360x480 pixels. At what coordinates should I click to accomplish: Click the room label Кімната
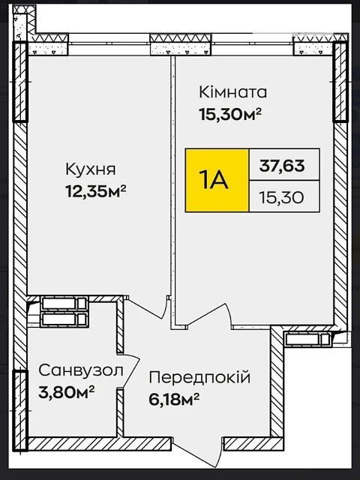[232, 92]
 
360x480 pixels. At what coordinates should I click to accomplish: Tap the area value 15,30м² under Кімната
[230, 115]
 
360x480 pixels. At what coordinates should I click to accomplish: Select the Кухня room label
[91, 169]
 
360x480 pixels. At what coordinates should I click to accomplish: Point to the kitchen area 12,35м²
[96, 192]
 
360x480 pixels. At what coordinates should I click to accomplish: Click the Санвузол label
[81, 370]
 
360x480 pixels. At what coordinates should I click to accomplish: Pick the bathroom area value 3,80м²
[66, 392]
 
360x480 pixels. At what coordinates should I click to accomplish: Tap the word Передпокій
[199, 377]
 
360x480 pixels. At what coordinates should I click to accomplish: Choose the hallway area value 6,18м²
[174, 400]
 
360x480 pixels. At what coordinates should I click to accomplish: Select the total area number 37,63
[282, 166]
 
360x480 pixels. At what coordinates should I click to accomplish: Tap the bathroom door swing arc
[129, 371]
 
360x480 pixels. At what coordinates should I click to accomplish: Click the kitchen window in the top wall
[109, 44]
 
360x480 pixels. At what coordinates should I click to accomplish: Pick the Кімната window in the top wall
[252, 44]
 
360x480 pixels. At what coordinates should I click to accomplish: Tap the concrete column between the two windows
[181, 45]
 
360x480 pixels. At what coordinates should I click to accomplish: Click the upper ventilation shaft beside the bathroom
[64, 304]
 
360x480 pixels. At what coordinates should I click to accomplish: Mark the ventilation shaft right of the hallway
[307, 339]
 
